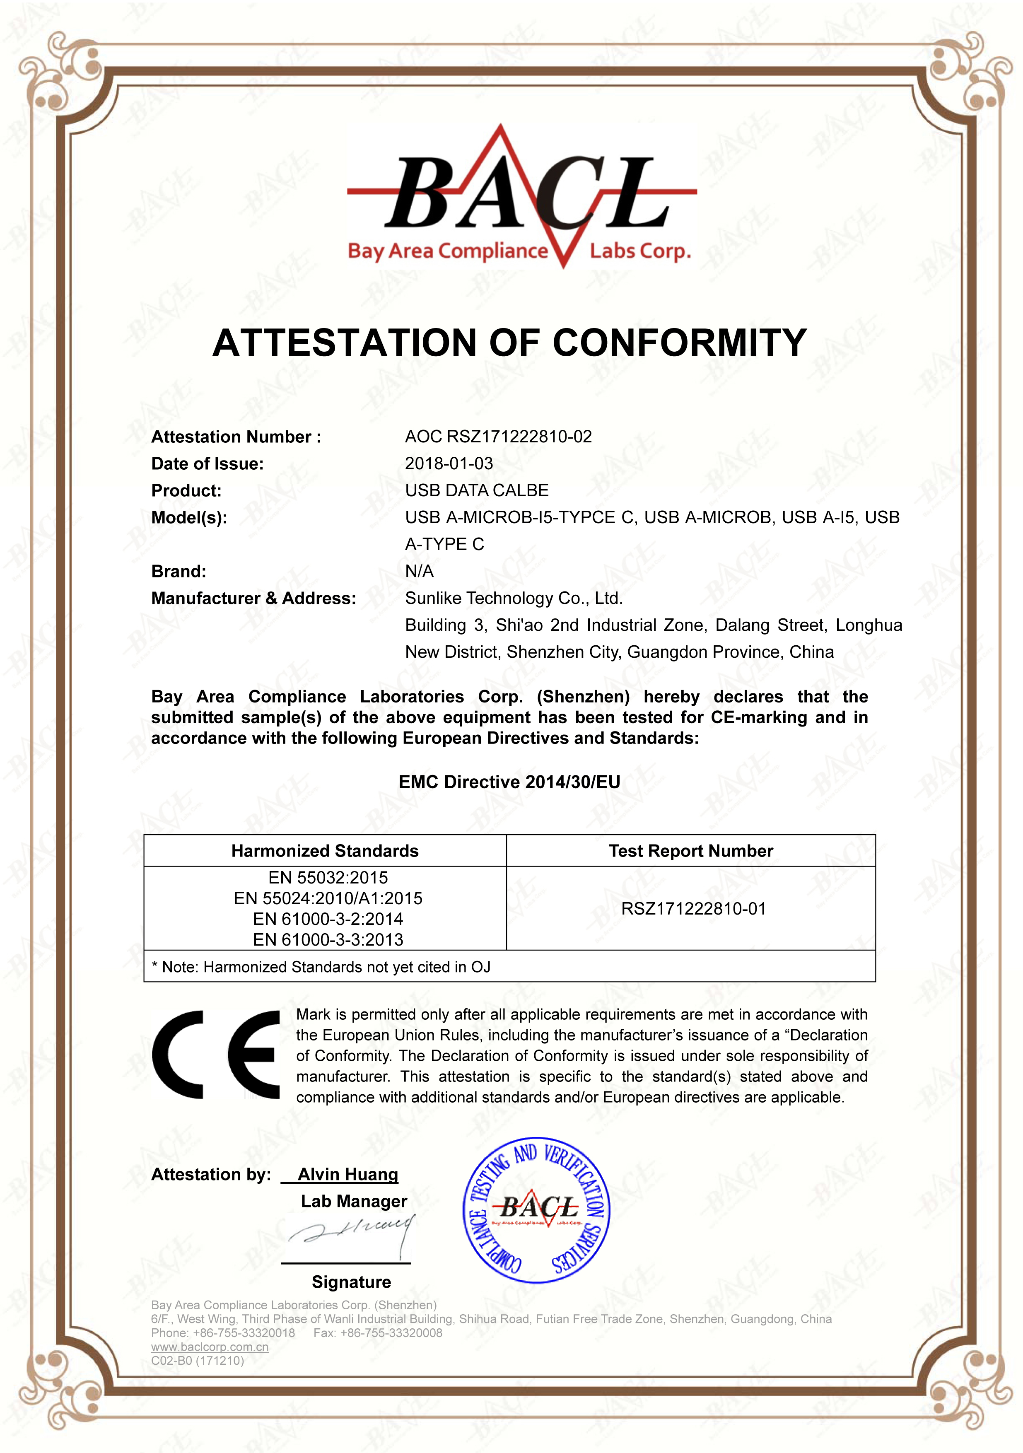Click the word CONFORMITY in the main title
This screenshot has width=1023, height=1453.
point(680,343)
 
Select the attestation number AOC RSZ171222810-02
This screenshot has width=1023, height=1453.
point(499,437)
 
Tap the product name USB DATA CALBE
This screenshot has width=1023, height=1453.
point(476,490)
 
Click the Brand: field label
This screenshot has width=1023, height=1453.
point(179,572)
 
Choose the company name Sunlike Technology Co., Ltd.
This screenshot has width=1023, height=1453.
point(514,598)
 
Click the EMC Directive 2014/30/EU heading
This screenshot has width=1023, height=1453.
point(509,782)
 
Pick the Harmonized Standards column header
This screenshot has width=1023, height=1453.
point(325,851)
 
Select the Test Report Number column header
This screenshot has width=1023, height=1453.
point(691,851)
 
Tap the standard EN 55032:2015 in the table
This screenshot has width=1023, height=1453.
point(328,878)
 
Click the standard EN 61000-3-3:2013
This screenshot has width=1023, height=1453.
point(328,940)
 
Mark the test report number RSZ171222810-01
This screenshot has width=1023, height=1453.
point(693,909)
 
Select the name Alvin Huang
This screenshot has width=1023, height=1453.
point(348,1175)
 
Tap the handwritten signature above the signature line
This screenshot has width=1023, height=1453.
point(352,1234)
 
